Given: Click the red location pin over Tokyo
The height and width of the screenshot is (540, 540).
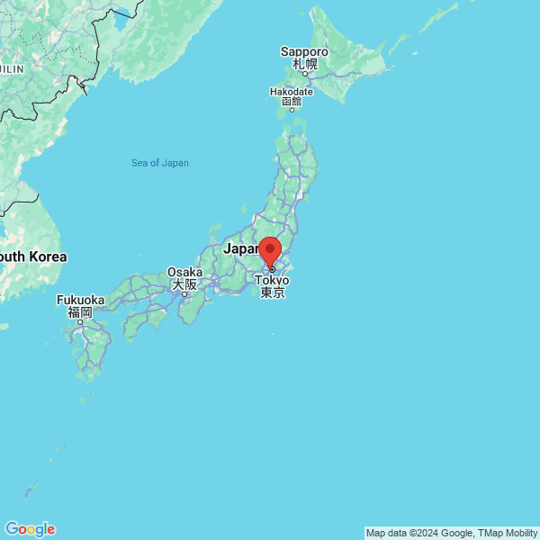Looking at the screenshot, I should click(269, 250).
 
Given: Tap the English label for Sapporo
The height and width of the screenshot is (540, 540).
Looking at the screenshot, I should click(304, 52).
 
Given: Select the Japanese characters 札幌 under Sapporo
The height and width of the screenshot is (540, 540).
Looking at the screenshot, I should click(304, 65).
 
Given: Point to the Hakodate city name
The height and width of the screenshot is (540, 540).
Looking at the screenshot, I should click(292, 91).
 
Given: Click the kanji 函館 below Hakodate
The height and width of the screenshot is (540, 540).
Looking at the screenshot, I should click(292, 102).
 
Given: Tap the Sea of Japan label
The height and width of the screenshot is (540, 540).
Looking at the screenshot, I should click(160, 163).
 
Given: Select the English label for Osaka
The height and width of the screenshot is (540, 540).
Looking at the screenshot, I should click(184, 272).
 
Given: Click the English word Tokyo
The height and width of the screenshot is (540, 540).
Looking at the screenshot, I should click(272, 280).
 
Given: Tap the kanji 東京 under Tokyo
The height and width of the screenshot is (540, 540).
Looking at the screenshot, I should click(272, 292).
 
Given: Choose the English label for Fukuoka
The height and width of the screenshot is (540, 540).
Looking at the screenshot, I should click(80, 300).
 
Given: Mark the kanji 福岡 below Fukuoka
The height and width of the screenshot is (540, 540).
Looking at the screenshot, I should click(80, 312).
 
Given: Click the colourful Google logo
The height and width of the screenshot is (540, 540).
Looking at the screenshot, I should click(30, 529).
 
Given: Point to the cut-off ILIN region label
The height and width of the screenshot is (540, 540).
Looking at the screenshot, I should click(12, 67).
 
